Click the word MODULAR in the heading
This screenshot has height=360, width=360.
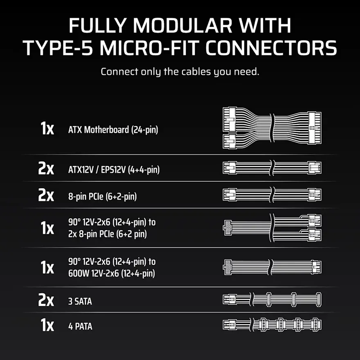pyautogui.click(x=183, y=25)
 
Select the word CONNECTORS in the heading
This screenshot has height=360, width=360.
pyautogui.click(x=271, y=48)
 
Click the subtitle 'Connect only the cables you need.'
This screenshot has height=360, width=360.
pyautogui.click(x=180, y=72)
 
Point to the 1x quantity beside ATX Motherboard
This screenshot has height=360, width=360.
pyautogui.click(x=47, y=128)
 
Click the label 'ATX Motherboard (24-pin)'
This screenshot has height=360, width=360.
pyautogui.click(x=113, y=130)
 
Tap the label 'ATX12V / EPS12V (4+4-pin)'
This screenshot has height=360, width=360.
pyautogui.click(x=114, y=170)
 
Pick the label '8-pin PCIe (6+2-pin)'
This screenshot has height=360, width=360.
pyautogui.click(x=102, y=196)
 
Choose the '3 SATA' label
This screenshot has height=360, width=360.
pyautogui.click(x=80, y=301)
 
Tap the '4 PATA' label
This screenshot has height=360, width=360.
pyautogui.click(x=80, y=326)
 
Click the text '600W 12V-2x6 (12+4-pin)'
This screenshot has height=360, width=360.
pyautogui.click(x=112, y=273)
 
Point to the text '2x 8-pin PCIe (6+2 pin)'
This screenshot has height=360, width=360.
pyautogui.click(x=108, y=234)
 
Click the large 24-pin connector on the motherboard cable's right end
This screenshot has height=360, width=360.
pyautogui.click(x=315, y=128)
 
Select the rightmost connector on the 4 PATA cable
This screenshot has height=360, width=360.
pyautogui.click(x=316, y=325)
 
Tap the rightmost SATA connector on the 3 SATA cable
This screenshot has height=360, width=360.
pyautogui.click(x=318, y=299)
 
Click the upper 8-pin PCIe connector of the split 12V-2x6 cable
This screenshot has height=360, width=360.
pyautogui.click(x=315, y=220)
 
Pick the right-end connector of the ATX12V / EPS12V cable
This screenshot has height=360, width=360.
pyautogui.click(x=315, y=168)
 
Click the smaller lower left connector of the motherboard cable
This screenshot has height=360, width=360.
pyautogui.click(x=229, y=141)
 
